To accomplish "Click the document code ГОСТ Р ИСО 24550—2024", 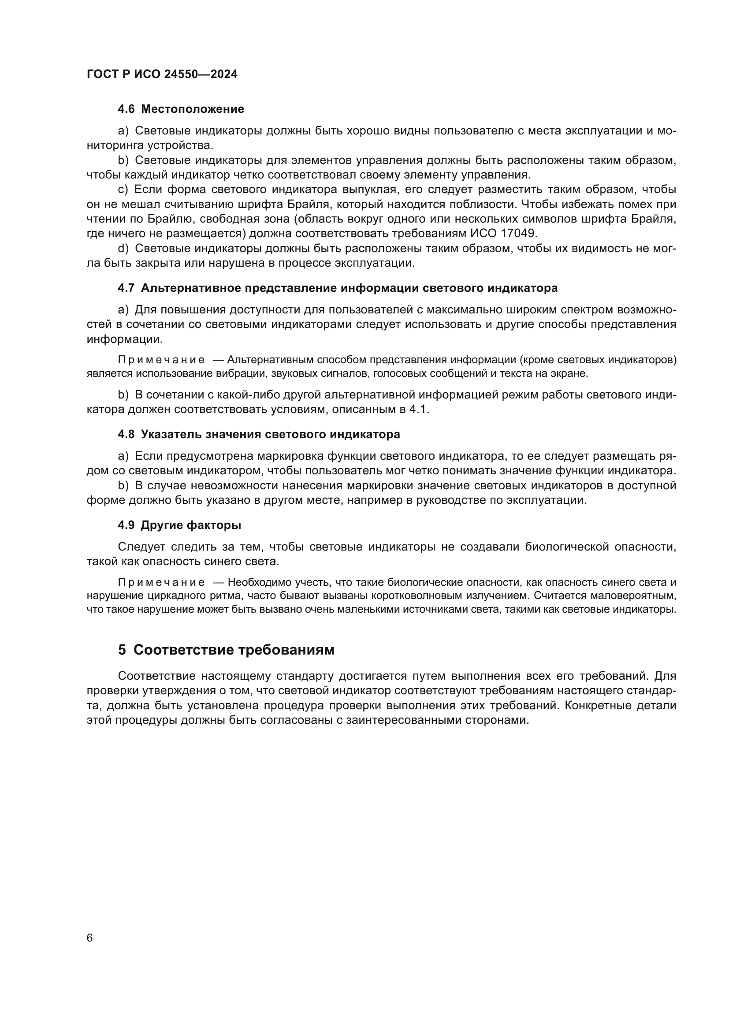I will coord(162,74).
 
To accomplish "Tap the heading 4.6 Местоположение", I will coord(180,109).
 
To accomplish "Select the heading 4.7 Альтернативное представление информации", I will coord(337,288).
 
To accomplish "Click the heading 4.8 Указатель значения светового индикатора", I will coord(259,435).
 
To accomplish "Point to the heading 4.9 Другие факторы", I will coord(179,525).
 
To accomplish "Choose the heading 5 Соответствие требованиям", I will coord(226,650).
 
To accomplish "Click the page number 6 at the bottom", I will coord(89,938).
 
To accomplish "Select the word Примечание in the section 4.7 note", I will coord(161,360).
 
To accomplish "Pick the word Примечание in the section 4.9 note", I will coord(161,583).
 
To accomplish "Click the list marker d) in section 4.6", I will coord(123,249).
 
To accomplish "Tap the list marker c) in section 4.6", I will coord(123,190).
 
